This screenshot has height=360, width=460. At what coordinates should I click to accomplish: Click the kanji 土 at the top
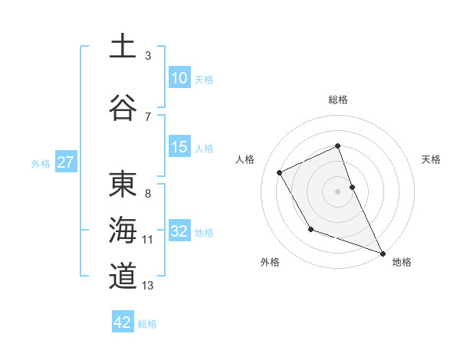(123, 46)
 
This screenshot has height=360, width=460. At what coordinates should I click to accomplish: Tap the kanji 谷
(123, 107)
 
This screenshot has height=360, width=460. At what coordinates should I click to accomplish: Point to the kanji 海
(123, 231)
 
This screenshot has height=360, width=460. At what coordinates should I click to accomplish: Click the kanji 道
(123, 276)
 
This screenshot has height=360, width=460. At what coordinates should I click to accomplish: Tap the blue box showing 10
(179, 77)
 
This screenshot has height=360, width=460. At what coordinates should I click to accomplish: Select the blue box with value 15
(179, 147)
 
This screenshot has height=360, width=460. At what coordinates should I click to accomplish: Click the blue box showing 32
(179, 231)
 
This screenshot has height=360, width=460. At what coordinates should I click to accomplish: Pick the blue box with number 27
(66, 162)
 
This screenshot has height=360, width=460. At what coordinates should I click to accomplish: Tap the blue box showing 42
(123, 322)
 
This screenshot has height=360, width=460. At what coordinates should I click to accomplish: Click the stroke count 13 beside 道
(148, 286)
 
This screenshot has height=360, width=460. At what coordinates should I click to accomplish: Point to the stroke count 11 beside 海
(148, 240)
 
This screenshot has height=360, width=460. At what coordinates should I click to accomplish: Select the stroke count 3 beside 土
(148, 56)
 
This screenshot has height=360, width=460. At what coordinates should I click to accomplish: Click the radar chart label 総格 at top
(337, 100)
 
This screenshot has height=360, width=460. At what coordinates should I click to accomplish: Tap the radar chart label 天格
(431, 159)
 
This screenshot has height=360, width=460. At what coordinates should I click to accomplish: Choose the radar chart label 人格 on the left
(245, 159)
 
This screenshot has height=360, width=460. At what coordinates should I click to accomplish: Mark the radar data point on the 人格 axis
(280, 173)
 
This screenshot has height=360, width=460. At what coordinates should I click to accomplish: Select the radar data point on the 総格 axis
(337, 146)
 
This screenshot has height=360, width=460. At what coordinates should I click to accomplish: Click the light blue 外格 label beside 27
(41, 163)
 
